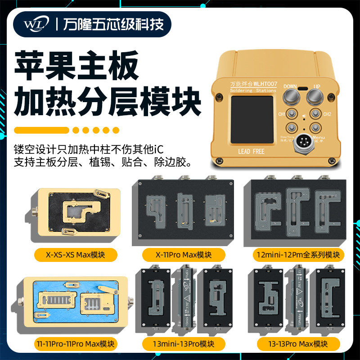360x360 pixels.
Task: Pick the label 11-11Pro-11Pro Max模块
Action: (76, 344)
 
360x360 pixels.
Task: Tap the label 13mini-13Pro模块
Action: (183, 344)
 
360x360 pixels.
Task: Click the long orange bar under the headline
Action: (41, 130)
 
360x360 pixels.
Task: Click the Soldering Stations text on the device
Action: (253, 90)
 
